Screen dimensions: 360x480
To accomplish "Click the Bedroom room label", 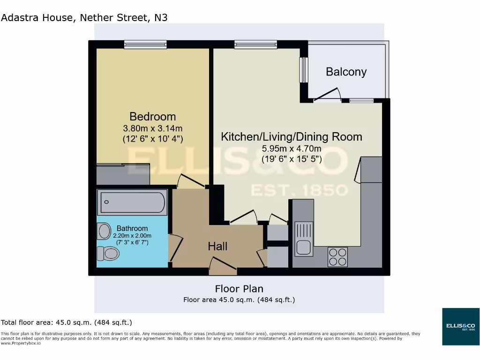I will [153, 116].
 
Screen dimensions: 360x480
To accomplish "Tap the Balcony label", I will [346, 72].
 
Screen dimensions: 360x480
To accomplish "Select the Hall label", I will [217, 246].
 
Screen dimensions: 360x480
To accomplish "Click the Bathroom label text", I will [132, 228].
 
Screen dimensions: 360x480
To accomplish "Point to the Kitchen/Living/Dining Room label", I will [291, 137].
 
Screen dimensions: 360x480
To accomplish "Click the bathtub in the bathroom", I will [132, 202].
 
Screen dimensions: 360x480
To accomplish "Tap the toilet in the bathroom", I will [108, 254].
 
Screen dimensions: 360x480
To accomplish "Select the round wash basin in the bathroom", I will [104, 231].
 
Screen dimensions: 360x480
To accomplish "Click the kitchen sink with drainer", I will [304, 239].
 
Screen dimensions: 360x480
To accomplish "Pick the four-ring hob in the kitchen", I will [337, 257].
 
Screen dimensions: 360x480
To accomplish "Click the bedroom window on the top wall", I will [145, 45].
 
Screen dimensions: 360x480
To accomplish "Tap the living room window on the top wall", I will [255, 45].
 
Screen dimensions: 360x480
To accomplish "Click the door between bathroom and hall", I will [174, 247].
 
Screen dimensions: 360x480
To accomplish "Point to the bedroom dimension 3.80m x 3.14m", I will [153, 128].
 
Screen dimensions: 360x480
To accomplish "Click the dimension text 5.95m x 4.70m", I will [291, 150].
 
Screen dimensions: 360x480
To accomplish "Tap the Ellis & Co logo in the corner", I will [461, 326].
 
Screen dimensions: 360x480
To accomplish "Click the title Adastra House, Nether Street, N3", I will [84, 18].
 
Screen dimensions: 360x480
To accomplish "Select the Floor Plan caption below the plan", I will [239, 288].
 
